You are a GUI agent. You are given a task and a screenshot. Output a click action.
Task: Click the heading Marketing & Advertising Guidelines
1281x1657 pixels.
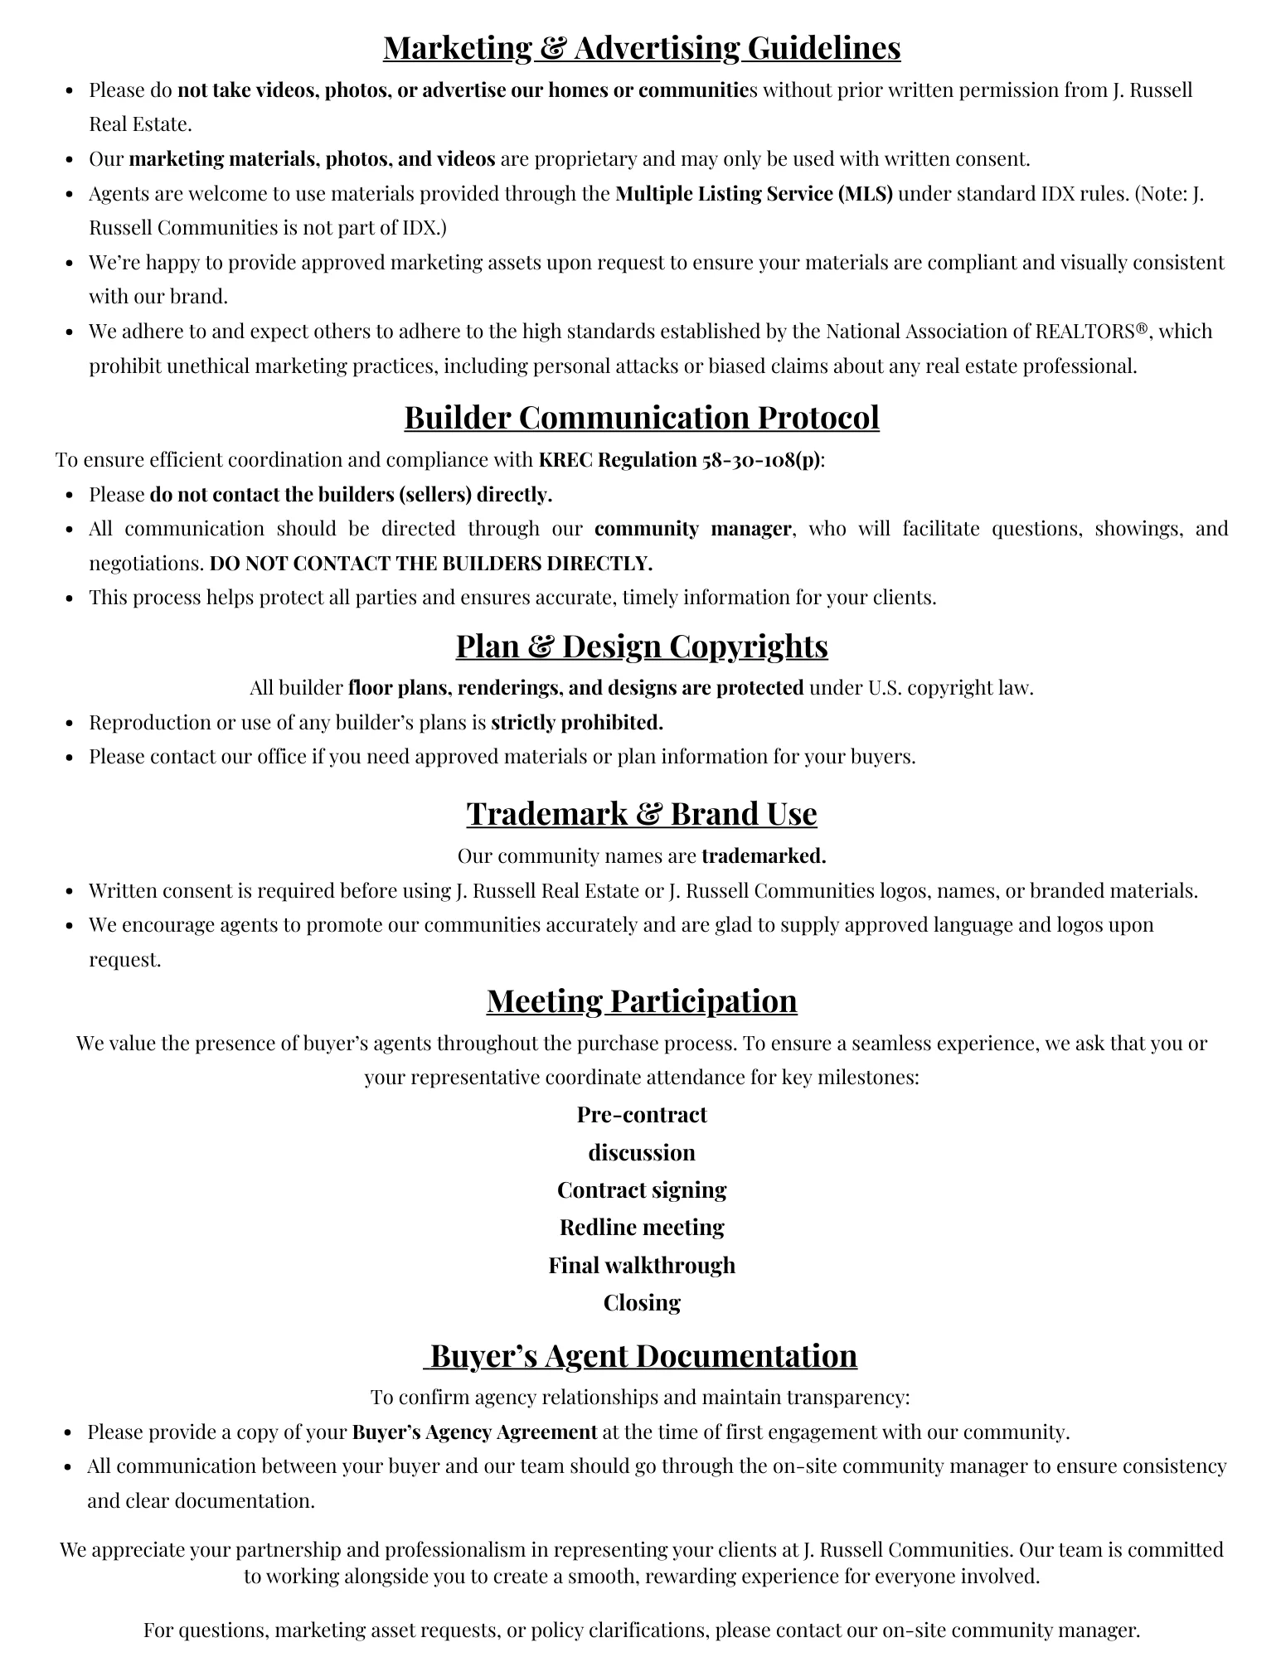coord(641,47)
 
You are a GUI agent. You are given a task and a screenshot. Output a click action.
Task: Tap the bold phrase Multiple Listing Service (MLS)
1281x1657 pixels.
coord(754,193)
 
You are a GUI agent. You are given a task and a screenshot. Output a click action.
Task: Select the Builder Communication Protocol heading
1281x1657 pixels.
coord(641,417)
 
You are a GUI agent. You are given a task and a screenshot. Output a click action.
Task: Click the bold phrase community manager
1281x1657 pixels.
coord(692,529)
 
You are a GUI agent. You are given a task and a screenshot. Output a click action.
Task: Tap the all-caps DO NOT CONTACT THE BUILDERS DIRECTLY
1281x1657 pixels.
coord(431,564)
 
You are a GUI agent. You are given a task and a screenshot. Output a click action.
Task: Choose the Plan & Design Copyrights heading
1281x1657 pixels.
coord(641,646)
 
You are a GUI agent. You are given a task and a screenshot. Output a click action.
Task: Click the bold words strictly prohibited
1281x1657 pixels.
coord(577,722)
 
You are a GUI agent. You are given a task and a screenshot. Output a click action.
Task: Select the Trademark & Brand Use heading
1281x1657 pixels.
coord(641,813)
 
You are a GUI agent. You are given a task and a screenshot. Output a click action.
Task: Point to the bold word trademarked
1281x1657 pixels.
coord(764,855)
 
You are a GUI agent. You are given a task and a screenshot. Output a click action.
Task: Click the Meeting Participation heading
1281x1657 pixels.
coord(641,1000)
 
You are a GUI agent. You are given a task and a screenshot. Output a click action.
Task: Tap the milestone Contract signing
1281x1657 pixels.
coord(641,1189)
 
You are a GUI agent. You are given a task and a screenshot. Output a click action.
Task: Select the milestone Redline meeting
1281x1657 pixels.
coord(641,1227)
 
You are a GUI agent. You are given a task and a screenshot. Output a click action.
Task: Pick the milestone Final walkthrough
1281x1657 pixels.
coord(641,1265)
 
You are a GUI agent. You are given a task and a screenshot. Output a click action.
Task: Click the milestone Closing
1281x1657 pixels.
coord(641,1302)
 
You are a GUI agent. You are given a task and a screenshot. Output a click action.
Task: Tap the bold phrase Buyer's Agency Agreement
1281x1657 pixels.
coord(474,1432)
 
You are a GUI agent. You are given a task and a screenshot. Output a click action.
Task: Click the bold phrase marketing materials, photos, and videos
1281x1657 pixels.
coord(312,158)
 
